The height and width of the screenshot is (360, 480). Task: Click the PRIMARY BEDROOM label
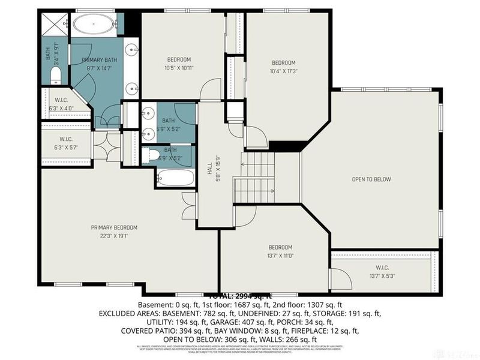[x=114, y=227]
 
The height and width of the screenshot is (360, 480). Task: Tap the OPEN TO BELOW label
[x=371, y=179]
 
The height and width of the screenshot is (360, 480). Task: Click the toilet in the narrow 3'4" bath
[x=56, y=74]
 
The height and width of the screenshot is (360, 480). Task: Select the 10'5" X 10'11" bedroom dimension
[x=179, y=68]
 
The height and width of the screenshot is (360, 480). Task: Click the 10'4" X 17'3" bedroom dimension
[x=284, y=71]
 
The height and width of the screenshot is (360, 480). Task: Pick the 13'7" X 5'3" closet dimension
[x=382, y=276]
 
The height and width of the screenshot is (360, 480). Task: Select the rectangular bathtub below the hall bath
[x=175, y=178]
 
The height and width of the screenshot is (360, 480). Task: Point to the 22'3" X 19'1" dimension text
[x=114, y=236]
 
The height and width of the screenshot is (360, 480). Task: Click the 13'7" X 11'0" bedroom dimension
[x=280, y=256]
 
